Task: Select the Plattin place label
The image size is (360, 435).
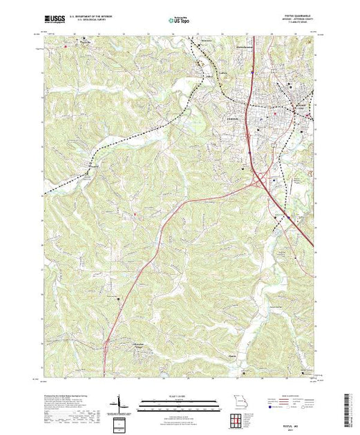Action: coord(234,356)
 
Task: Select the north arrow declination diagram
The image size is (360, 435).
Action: coord(120,403)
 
